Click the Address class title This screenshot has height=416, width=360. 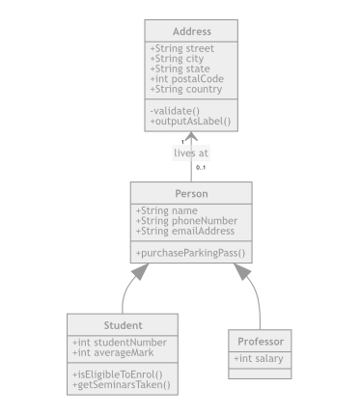191,32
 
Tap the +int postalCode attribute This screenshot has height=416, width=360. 187,79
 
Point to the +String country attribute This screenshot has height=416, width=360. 185,90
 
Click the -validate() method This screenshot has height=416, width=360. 170,111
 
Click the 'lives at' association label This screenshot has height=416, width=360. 191,153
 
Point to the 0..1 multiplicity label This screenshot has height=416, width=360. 201,168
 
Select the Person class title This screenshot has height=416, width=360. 191,194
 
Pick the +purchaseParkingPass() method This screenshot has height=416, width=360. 190,253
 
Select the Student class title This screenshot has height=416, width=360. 123,325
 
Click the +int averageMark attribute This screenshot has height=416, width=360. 117,352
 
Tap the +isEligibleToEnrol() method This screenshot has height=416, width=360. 118,374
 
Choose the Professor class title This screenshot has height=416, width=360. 261,342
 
